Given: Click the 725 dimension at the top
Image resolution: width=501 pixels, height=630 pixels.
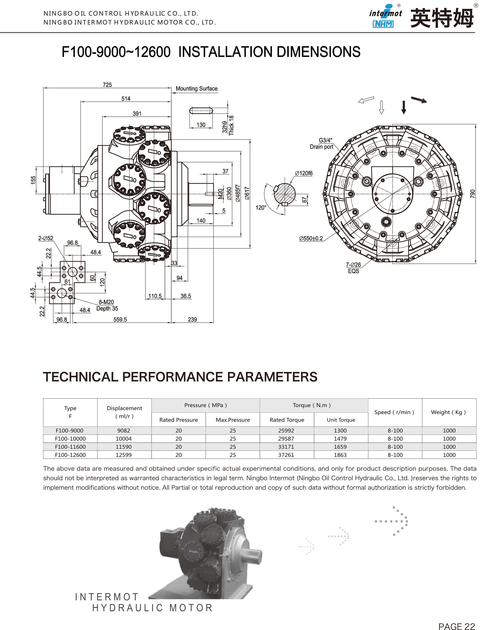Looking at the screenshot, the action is coord(107,85).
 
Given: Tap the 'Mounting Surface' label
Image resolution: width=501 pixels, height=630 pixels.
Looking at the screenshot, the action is coord(197,89).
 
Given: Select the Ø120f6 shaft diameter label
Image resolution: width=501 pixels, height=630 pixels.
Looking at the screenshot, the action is coord(304,173).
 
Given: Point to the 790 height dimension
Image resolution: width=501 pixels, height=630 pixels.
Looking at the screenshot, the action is coord(472,194).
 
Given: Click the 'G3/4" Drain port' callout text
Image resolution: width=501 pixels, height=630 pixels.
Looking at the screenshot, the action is coord(322,143).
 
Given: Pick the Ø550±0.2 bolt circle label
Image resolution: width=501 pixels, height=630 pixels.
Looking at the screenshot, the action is coord(311,239).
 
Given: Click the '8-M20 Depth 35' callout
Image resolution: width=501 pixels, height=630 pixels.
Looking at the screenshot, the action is coord(107,305).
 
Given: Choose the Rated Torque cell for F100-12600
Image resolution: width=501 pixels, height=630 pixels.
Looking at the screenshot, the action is coord(286,455).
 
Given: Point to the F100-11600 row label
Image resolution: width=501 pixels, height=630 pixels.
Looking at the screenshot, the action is coord(70,447).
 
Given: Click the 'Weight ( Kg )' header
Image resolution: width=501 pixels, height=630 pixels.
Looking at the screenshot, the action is coord(448,412).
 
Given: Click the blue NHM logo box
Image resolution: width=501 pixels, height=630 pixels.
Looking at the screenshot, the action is coord(383,24).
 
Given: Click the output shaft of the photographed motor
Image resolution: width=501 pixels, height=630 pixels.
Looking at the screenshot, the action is coord(254,554).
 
